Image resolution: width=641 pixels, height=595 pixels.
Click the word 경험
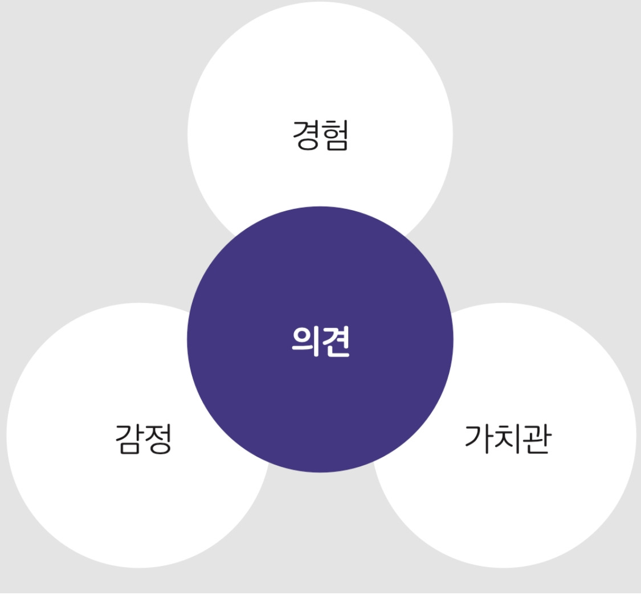(x=320, y=136)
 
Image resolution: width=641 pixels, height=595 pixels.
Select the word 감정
(x=143, y=438)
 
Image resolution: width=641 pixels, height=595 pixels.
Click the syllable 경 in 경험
(x=306, y=136)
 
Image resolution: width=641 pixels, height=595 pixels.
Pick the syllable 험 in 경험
(x=335, y=136)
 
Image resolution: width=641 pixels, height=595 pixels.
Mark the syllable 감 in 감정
(x=129, y=438)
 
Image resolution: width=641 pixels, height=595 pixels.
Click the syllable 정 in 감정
(x=158, y=438)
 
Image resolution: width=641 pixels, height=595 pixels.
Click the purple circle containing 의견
(x=320, y=399)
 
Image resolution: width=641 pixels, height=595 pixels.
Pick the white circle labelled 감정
(x=114, y=501)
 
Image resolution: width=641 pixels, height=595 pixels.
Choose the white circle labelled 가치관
(x=530, y=507)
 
